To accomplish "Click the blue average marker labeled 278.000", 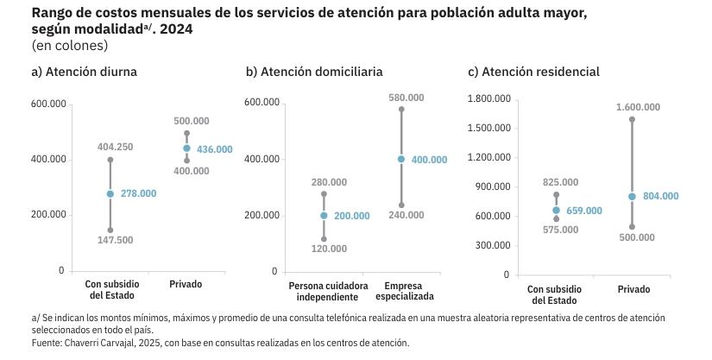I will tap(110, 194).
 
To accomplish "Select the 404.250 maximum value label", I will tap(115, 147).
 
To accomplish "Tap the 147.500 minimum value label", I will tap(115, 240).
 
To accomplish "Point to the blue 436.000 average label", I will tap(215, 149).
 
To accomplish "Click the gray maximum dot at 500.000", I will tap(187, 134).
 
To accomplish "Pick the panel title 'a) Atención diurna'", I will tap(84, 72).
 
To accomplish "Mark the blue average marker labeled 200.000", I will tap(324, 216).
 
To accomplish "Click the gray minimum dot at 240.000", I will tap(401, 205).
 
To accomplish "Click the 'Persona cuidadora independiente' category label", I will tap(328, 291).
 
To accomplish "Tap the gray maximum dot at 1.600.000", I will tap(632, 119).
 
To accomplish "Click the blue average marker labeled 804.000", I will tap(632, 196).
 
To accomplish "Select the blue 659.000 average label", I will tap(584, 211).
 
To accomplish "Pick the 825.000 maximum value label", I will tap(560, 182).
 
